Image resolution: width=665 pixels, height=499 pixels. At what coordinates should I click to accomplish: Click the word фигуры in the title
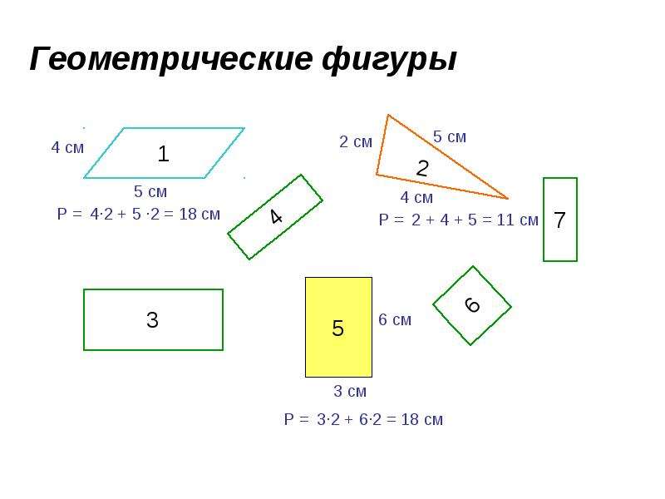[x=389, y=60]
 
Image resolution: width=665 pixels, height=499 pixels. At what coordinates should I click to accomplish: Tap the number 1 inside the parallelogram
[x=163, y=154]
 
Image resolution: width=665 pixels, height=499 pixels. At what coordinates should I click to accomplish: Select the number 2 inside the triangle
[x=422, y=168]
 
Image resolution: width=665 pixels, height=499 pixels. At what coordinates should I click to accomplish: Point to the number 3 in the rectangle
[x=152, y=320]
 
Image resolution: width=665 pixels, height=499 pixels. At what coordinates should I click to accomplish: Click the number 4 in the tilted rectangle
[x=276, y=217]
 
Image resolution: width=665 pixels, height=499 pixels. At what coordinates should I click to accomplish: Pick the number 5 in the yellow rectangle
[x=337, y=328]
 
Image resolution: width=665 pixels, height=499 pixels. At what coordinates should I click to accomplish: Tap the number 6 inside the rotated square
[x=472, y=304]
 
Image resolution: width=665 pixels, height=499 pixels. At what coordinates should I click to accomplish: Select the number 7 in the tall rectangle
[x=559, y=220]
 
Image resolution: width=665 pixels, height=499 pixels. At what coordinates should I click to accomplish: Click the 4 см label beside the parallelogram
[x=67, y=148]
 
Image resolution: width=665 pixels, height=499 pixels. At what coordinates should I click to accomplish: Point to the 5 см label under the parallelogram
[x=150, y=192]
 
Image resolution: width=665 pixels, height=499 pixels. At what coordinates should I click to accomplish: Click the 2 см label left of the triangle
[x=356, y=141]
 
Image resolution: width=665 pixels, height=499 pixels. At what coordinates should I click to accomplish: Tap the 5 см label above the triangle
[x=450, y=137]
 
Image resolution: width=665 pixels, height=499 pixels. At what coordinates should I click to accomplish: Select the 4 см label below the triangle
[x=416, y=197]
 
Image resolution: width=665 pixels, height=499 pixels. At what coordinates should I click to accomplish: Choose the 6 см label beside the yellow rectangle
[x=395, y=320]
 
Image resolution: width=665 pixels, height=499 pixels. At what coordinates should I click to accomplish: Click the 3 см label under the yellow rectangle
[x=350, y=391]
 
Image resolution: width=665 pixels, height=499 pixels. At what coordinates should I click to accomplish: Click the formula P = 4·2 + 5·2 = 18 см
[x=139, y=215]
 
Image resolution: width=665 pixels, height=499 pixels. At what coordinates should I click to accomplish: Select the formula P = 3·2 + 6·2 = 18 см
[x=363, y=420]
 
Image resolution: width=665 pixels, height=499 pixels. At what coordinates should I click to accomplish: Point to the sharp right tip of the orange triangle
[x=508, y=198]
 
